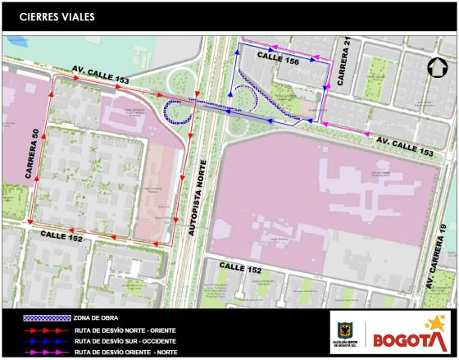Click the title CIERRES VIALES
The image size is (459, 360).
point(57,16)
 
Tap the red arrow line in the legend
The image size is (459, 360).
point(48,329)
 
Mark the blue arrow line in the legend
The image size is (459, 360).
point(48,340)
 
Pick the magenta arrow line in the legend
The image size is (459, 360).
point(48,352)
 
